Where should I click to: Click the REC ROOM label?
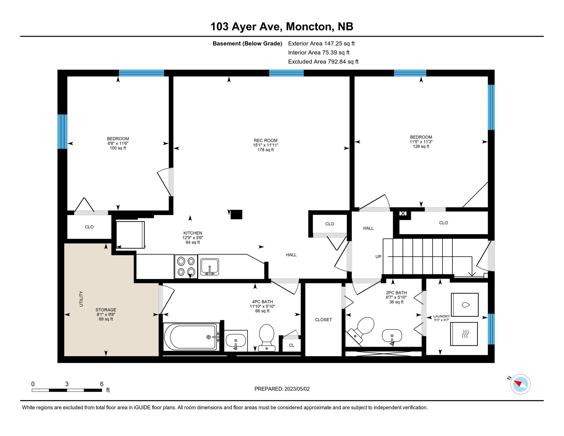click(265, 141)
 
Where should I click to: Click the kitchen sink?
click(209, 267)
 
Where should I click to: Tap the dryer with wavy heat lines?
click(464, 334)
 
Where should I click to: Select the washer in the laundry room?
click(465, 305)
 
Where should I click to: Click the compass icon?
click(520, 384)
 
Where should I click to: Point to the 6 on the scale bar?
click(102, 384)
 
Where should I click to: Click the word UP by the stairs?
click(378, 257)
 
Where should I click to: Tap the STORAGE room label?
click(106, 310)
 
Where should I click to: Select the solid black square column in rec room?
click(236, 214)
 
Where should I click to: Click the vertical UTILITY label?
click(81, 299)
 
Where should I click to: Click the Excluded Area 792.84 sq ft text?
click(323, 62)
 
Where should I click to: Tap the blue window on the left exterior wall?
click(62, 131)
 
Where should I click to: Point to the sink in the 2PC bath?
click(392, 336)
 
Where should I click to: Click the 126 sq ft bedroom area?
click(421, 146)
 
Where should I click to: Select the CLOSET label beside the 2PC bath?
click(323, 320)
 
